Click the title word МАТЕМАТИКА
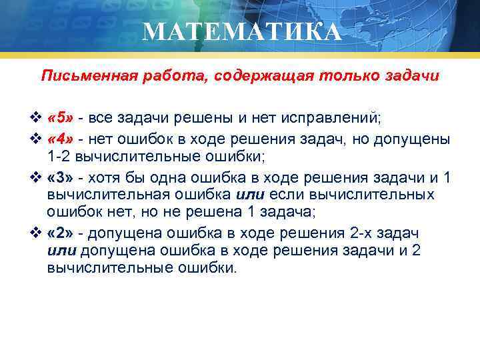(241, 31)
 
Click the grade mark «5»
(60, 118)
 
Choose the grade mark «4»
(60, 139)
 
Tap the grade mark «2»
(60, 235)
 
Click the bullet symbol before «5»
(36, 119)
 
